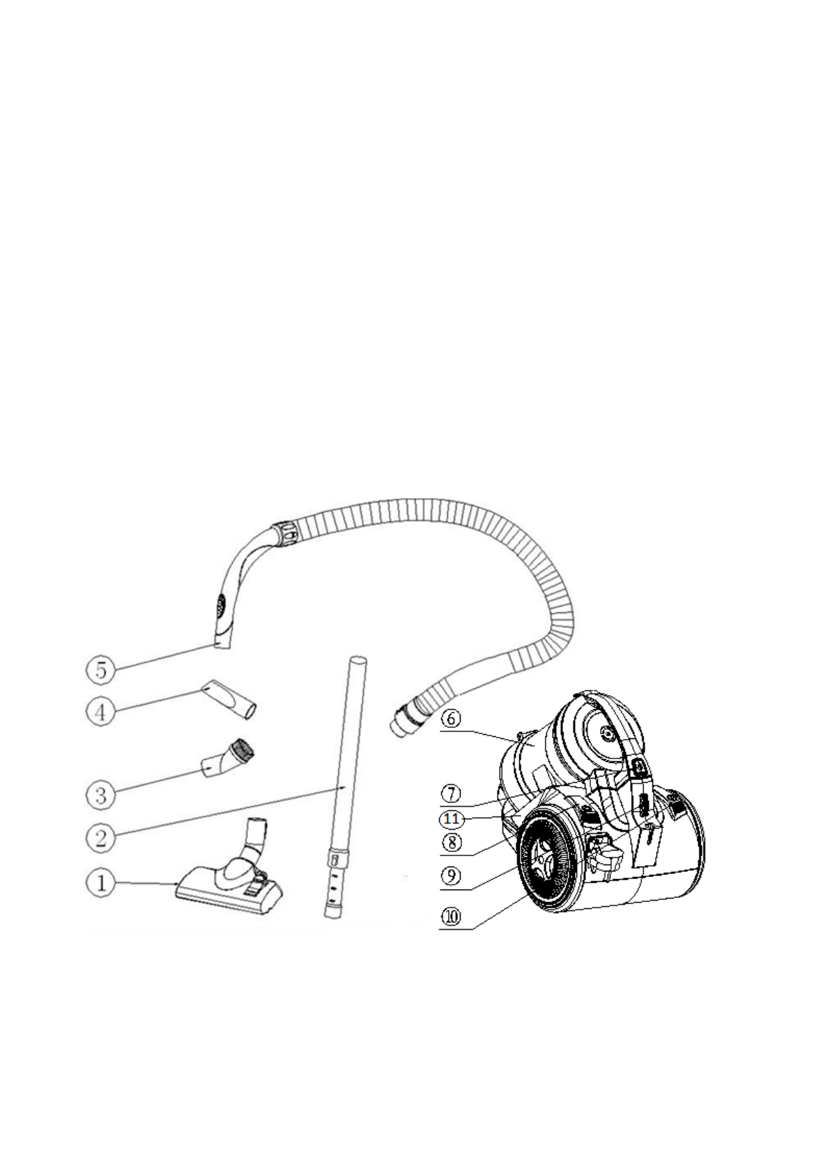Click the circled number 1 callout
click(x=101, y=884)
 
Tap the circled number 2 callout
click(x=101, y=837)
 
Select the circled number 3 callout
click(x=101, y=794)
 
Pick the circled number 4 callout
click(x=101, y=713)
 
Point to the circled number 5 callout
click(x=101, y=671)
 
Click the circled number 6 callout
click(x=452, y=719)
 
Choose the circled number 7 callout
click(x=452, y=793)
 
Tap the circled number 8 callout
click(x=452, y=842)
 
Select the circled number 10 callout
click(x=452, y=917)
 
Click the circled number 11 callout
click(x=452, y=818)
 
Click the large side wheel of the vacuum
click(x=547, y=864)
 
